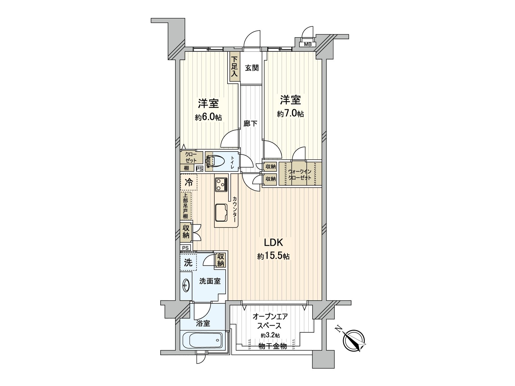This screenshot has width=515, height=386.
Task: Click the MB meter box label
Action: pyautogui.click(x=308, y=45)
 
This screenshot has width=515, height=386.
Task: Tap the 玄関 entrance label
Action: pyautogui.click(x=252, y=68)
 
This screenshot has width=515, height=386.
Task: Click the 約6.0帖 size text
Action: pyautogui.click(x=208, y=117)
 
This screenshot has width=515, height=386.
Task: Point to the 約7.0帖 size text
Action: pyautogui.click(x=290, y=114)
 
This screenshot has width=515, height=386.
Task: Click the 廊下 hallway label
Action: pyautogui.click(x=250, y=123)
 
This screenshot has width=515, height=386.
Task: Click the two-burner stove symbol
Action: pyautogui.click(x=220, y=184)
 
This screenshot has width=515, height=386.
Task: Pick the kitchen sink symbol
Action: pyautogui.click(x=222, y=213)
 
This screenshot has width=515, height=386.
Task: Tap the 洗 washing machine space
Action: pyautogui.click(x=188, y=263)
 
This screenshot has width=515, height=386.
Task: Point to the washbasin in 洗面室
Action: pyautogui.click(x=186, y=285)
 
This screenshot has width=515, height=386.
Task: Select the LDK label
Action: pyautogui.click(x=273, y=242)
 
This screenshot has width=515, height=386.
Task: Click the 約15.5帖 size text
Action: pyautogui.click(x=273, y=256)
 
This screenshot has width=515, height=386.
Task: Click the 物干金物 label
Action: pyautogui.click(x=273, y=346)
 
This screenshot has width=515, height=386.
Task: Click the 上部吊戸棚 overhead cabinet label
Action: pyautogui.click(x=185, y=206)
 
